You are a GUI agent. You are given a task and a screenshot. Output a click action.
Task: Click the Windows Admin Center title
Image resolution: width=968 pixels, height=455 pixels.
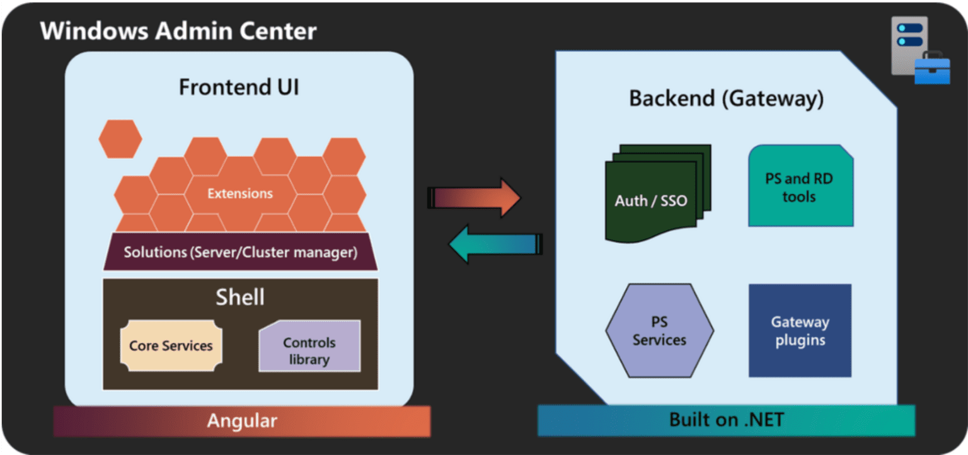point(178,30)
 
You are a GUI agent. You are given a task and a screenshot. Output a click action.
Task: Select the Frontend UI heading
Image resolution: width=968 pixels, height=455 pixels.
point(239,87)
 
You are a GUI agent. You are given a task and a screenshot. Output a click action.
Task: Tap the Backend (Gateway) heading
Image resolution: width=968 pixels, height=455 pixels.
point(726,99)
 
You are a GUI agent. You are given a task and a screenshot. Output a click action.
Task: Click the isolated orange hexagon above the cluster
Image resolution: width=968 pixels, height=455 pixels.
point(120,139)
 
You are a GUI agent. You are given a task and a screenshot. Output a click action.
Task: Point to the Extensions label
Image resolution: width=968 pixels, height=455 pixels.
point(240,193)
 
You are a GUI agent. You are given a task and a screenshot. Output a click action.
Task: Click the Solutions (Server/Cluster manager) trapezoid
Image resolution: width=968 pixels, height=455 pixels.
point(240,253)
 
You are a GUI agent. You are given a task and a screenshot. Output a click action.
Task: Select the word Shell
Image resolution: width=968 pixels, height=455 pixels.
point(240,297)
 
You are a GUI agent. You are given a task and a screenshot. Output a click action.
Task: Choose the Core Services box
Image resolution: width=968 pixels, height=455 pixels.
point(171,345)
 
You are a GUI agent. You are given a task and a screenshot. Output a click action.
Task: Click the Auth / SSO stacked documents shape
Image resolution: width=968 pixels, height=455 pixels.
point(655,195)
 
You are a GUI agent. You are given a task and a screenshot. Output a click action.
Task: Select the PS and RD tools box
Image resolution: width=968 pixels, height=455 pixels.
point(800,187)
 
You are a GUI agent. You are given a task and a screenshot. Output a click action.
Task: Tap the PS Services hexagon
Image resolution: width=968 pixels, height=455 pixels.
point(659,331)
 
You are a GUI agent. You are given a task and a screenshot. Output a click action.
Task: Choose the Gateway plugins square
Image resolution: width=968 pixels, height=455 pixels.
point(800,331)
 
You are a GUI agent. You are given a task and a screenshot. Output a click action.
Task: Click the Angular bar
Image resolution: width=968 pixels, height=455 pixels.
point(241,421)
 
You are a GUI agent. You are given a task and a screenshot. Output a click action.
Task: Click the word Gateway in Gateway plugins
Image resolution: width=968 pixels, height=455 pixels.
point(800,322)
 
